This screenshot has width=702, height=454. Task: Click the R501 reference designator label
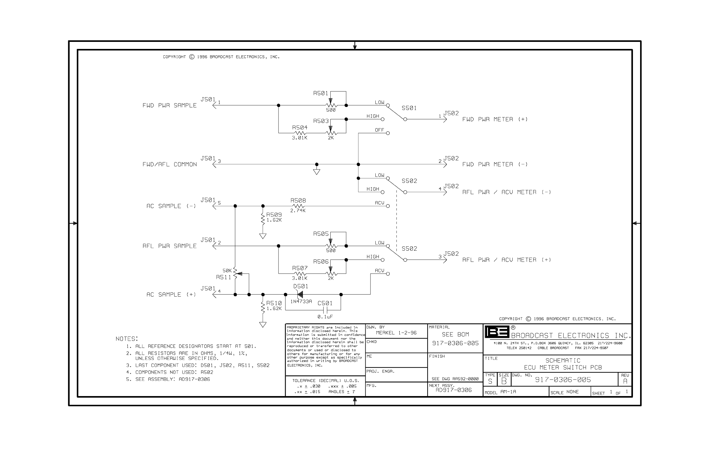tap(320, 93)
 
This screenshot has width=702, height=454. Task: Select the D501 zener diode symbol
tap(300, 295)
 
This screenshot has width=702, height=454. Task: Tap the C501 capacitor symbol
tap(325, 310)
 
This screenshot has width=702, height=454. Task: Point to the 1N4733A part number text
tap(301, 302)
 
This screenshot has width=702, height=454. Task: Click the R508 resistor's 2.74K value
tap(298, 211)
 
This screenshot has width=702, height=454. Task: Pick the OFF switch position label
tap(379, 130)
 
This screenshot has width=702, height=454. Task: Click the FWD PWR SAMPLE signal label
tap(169, 106)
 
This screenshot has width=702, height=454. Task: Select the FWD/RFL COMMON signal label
tap(169, 165)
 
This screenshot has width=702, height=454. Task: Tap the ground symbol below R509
tap(263, 236)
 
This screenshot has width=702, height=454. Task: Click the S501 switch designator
tap(409, 108)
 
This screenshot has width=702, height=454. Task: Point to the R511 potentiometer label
tap(223, 277)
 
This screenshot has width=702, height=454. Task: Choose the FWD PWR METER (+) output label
tap(495, 119)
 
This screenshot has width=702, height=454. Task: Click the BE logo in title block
tap(497, 332)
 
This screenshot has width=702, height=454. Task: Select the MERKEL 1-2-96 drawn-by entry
tap(396, 333)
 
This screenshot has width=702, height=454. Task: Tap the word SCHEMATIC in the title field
tap(563, 361)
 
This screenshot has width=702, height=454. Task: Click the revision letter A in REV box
tap(625, 381)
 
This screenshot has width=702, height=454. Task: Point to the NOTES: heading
tap(127, 339)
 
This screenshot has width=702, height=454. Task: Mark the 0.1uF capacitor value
tap(325, 317)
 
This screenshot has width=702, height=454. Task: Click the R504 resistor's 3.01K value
tap(299, 138)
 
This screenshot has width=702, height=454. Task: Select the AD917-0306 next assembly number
tap(454, 390)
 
